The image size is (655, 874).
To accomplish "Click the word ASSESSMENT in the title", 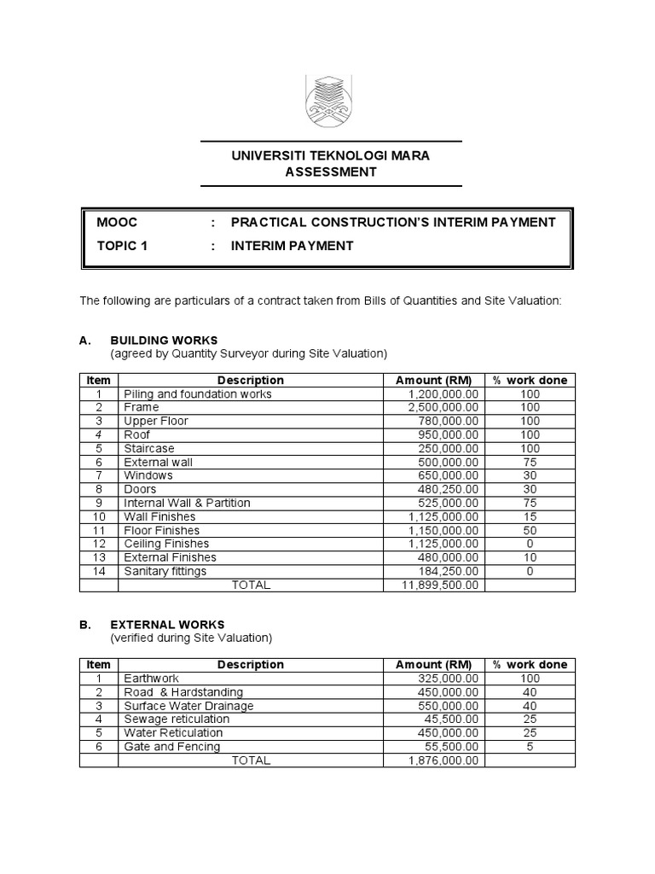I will pos(330,172).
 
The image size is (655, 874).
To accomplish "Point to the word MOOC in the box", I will pos(118,222).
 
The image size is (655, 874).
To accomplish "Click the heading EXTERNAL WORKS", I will pos(167,624).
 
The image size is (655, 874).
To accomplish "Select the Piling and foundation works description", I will pos(198,394).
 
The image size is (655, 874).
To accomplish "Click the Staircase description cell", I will pos(149,448).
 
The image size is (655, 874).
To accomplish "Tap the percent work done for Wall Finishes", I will pos(530,516).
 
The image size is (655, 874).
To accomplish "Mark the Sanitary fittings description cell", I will pos(165,571).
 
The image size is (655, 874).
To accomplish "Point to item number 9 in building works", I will pos(99,503).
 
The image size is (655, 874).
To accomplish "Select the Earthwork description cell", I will pos(152,679).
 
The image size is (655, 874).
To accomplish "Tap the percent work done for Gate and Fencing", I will pos(530,746).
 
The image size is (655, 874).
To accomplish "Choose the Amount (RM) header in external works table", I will pos(432,665).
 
